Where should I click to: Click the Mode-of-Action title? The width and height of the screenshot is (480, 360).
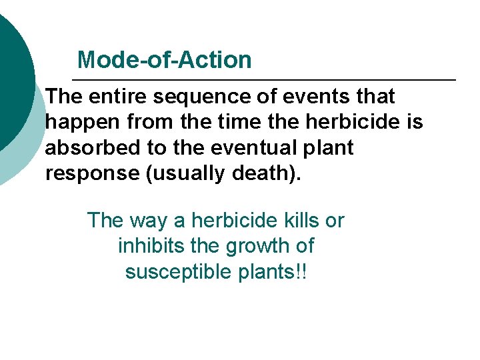pos(164,60)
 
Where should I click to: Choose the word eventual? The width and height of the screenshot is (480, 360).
pos(239,147)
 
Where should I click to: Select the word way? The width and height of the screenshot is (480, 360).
pos(151,221)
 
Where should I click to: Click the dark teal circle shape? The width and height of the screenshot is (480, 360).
pos(13,73)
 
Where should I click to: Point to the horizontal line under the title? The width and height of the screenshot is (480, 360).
pos(267,80)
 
